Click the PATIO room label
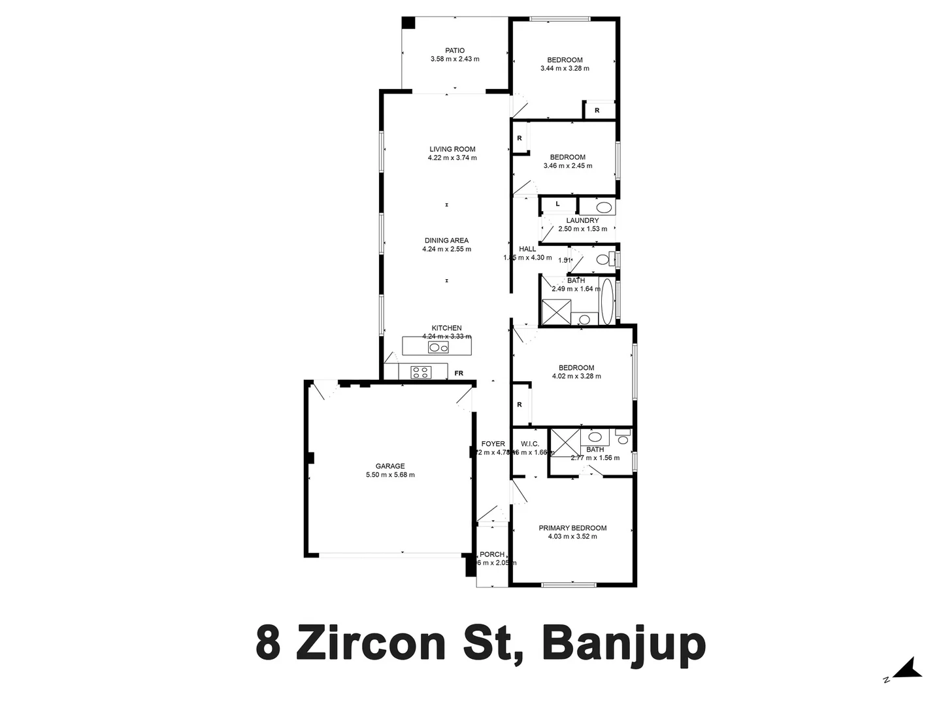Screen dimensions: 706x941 [x=455, y=50]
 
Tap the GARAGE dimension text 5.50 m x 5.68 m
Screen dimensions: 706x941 [x=390, y=475]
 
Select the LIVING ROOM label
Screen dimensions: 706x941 [x=452, y=149]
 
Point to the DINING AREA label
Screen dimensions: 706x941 [x=446, y=241]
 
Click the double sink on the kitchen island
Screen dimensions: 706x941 [x=438, y=347]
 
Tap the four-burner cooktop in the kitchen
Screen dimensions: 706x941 [x=420, y=372]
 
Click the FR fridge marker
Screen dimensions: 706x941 [x=459, y=373]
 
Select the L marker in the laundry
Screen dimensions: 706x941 [x=557, y=204]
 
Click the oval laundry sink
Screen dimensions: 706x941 [x=605, y=209]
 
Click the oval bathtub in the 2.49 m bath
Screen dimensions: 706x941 [x=607, y=301]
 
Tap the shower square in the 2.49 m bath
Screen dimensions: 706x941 [x=556, y=312]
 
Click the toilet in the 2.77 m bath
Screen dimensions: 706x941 [x=623, y=436]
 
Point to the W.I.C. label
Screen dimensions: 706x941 [x=529, y=444]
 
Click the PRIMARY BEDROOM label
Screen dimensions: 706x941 [x=572, y=528]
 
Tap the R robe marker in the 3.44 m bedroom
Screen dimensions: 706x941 [x=597, y=110]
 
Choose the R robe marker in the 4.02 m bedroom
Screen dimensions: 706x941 [x=520, y=405]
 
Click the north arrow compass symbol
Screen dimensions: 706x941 [x=907, y=670]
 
